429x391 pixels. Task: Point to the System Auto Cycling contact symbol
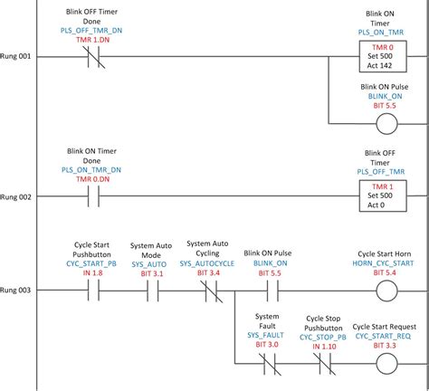click(209, 291)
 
